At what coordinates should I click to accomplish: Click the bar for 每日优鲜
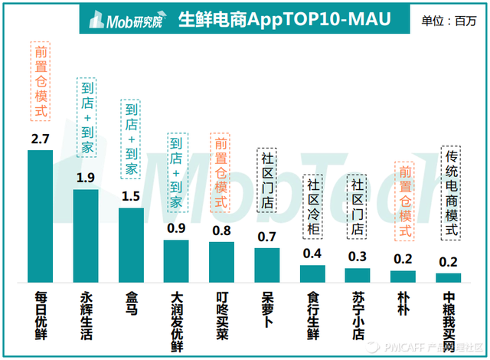click(x=41, y=217)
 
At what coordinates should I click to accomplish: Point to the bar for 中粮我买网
click(x=449, y=278)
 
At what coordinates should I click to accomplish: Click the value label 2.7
click(x=41, y=139)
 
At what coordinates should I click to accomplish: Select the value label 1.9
click(x=86, y=178)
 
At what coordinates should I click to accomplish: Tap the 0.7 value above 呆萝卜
click(x=266, y=236)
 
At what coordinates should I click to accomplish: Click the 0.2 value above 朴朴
click(x=403, y=260)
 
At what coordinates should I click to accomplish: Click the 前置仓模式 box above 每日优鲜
click(x=41, y=81)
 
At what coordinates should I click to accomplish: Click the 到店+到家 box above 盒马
click(x=131, y=139)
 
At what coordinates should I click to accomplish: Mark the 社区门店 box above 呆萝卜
click(x=266, y=180)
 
